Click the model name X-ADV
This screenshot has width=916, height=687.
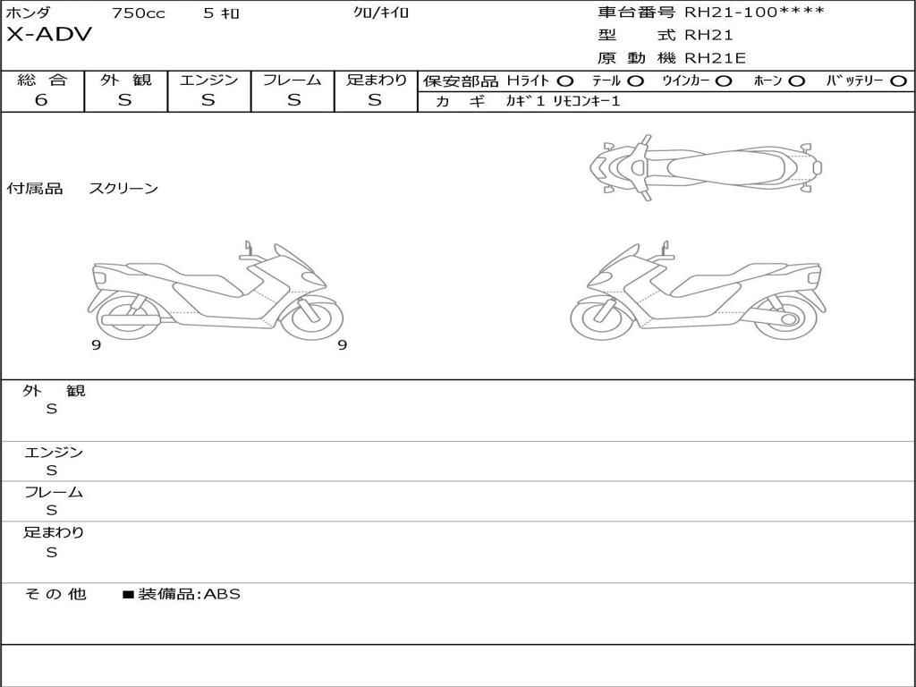tap(49, 35)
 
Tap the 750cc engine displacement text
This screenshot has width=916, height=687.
tap(139, 13)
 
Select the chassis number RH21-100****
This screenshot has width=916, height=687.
tap(754, 12)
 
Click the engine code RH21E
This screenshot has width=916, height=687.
tap(715, 58)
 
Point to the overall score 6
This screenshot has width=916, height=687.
tap(41, 99)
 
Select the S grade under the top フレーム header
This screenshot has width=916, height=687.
tap(293, 100)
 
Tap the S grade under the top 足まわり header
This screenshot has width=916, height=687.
tap(375, 100)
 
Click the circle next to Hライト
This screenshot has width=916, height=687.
tap(565, 81)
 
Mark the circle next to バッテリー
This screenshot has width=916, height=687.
tap(898, 81)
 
